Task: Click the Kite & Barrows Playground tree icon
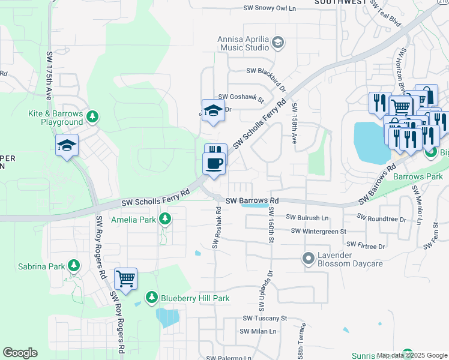click(92, 116)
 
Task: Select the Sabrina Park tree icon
click(74, 265)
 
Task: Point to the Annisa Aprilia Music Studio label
click(244, 43)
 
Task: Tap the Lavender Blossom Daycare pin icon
click(309, 259)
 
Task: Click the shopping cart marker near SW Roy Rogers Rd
click(126, 278)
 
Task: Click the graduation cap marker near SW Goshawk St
click(213, 110)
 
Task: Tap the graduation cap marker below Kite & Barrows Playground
click(67, 146)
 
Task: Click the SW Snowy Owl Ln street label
click(270, 8)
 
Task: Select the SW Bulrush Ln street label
click(308, 217)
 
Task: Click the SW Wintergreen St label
click(319, 231)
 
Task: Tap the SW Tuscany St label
click(265, 319)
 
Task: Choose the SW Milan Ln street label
click(258, 331)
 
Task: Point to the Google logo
click(20, 353)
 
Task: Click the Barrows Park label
click(418, 177)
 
